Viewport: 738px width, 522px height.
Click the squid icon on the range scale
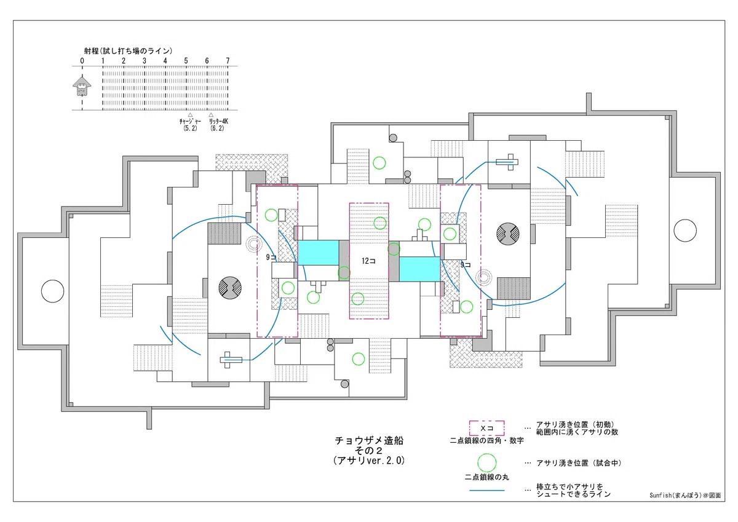82,85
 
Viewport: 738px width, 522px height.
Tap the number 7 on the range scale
228,61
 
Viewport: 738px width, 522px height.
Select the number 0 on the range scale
82,61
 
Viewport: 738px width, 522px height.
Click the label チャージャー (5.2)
190,124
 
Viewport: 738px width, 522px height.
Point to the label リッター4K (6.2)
218,124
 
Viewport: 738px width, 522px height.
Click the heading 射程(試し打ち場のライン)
128,50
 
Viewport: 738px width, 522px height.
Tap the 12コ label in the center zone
368,261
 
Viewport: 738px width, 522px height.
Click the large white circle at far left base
52,291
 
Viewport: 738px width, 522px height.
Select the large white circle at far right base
685,231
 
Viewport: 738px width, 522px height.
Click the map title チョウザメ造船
369,440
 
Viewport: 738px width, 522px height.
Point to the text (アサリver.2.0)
369,460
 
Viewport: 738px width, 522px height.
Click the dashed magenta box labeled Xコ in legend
486,428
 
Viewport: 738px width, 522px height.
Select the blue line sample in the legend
486,491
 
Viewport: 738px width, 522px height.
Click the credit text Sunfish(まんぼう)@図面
685,495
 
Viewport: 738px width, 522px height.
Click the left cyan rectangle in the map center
319,253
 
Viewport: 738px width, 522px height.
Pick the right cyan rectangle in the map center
419,269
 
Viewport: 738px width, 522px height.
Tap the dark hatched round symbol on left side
230,288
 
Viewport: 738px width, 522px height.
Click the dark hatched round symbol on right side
508,234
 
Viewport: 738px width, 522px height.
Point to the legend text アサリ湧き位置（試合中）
579,463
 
